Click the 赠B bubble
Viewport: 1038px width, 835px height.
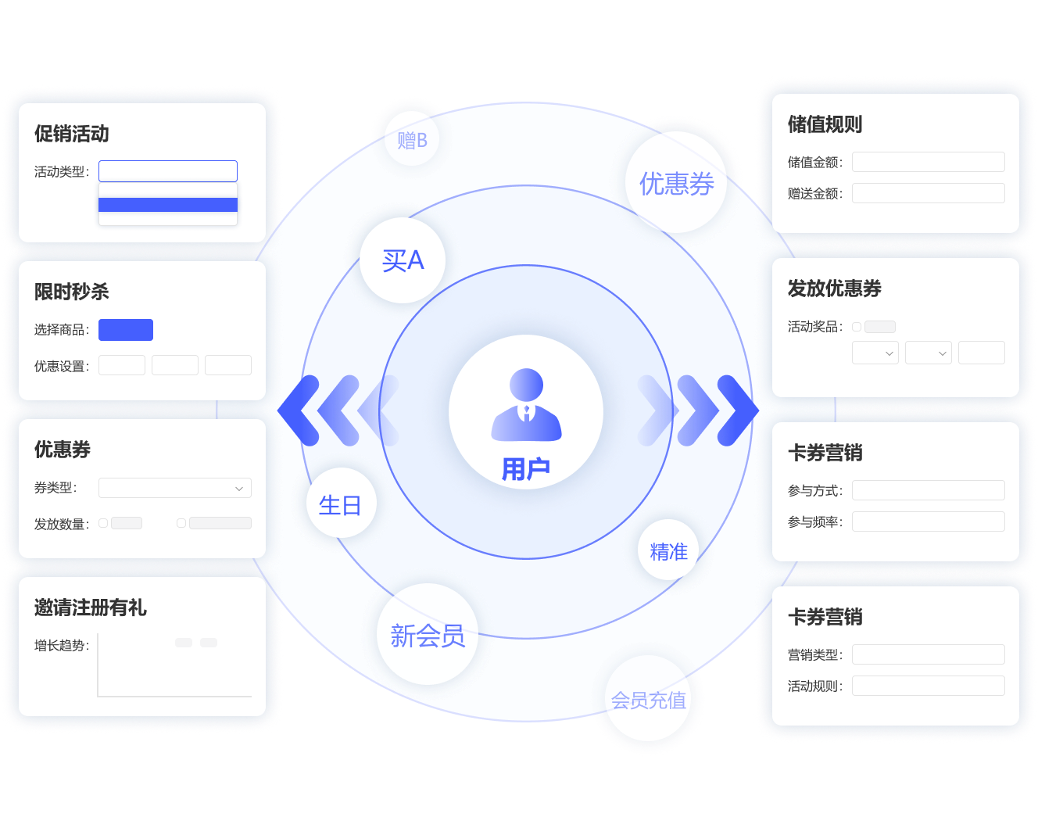coord(412,139)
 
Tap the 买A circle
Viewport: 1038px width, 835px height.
coord(403,260)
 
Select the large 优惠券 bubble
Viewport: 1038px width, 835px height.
coord(676,183)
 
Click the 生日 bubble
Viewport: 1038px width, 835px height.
coord(340,504)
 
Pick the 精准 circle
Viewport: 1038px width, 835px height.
coord(668,550)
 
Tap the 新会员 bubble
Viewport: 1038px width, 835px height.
coord(428,635)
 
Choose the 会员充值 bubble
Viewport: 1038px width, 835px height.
coord(648,699)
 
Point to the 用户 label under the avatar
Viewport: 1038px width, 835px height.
coord(526,469)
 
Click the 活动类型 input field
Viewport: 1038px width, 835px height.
coord(168,171)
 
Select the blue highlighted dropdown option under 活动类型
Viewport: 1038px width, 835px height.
coord(168,205)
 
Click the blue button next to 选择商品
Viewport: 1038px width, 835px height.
coord(126,330)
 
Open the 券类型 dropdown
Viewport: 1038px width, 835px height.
coord(175,488)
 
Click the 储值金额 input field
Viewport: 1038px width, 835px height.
coord(928,162)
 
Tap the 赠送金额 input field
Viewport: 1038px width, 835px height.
coord(928,193)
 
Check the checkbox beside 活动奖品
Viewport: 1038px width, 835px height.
coord(857,327)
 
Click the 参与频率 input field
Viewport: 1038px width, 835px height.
coord(928,521)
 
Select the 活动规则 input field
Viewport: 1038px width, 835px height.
coord(928,686)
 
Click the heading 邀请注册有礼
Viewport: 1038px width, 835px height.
coord(91,607)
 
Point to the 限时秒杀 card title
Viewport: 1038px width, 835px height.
coord(72,292)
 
